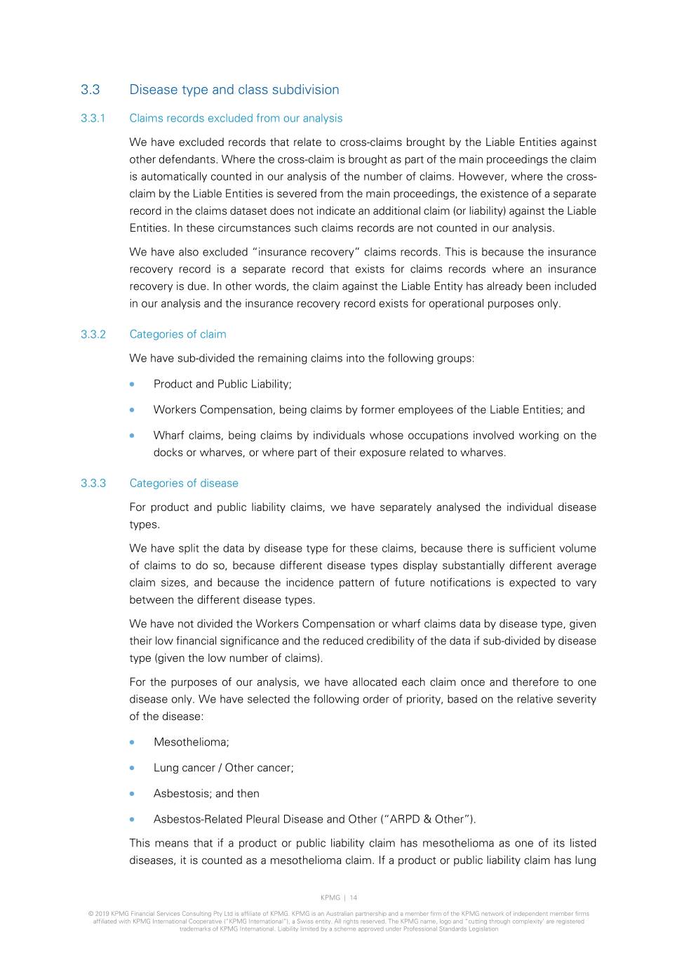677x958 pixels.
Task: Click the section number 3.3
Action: [90, 90]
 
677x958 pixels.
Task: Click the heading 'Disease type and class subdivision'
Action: [234, 90]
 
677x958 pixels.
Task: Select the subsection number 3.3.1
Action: [93, 119]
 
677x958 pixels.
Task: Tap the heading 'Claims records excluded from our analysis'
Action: [236, 119]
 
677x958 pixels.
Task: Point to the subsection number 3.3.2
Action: [93, 334]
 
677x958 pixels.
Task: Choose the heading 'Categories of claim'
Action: [177, 334]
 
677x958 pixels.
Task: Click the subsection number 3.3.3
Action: [93, 483]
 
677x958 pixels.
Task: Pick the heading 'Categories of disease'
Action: [184, 483]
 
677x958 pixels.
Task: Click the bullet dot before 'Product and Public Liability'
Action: [132, 384]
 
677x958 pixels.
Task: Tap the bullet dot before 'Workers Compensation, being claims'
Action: [132, 410]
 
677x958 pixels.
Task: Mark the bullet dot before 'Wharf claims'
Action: [132, 435]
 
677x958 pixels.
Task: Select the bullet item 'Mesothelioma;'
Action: [191, 742]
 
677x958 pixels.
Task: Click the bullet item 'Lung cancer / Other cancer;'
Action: [223, 768]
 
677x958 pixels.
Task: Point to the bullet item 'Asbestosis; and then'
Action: [206, 794]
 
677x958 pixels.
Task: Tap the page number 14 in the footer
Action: [354, 898]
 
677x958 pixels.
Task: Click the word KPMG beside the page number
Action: [330, 898]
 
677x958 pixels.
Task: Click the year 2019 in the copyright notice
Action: [101, 914]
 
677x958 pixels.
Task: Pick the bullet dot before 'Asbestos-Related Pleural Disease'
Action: [132, 819]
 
